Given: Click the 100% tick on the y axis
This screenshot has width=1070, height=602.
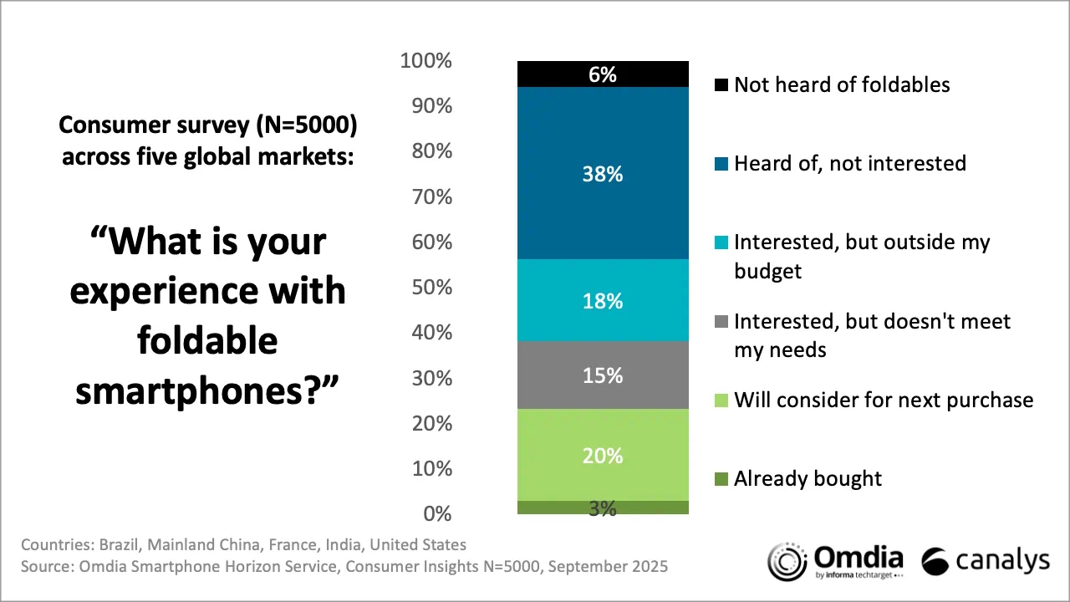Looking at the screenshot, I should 426,61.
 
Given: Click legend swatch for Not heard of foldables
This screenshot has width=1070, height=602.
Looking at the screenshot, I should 721,85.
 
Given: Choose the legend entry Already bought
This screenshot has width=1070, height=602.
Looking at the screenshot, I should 808,479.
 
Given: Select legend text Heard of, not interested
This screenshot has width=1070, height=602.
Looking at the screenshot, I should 849,163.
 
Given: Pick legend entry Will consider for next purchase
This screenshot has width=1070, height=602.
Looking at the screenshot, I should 883,400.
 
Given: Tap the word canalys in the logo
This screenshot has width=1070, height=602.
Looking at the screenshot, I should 1001,562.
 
